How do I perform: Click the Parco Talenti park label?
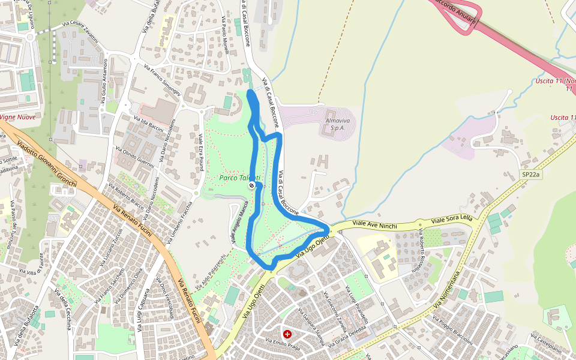click(x=239, y=178)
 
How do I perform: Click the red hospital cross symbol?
click(x=288, y=333)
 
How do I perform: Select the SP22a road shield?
click(x=530, y=175)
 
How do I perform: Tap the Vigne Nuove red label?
click(x=18, y=117)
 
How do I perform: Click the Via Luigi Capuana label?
click(x=144, y=313)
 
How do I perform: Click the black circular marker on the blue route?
click(x=251, y=185)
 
